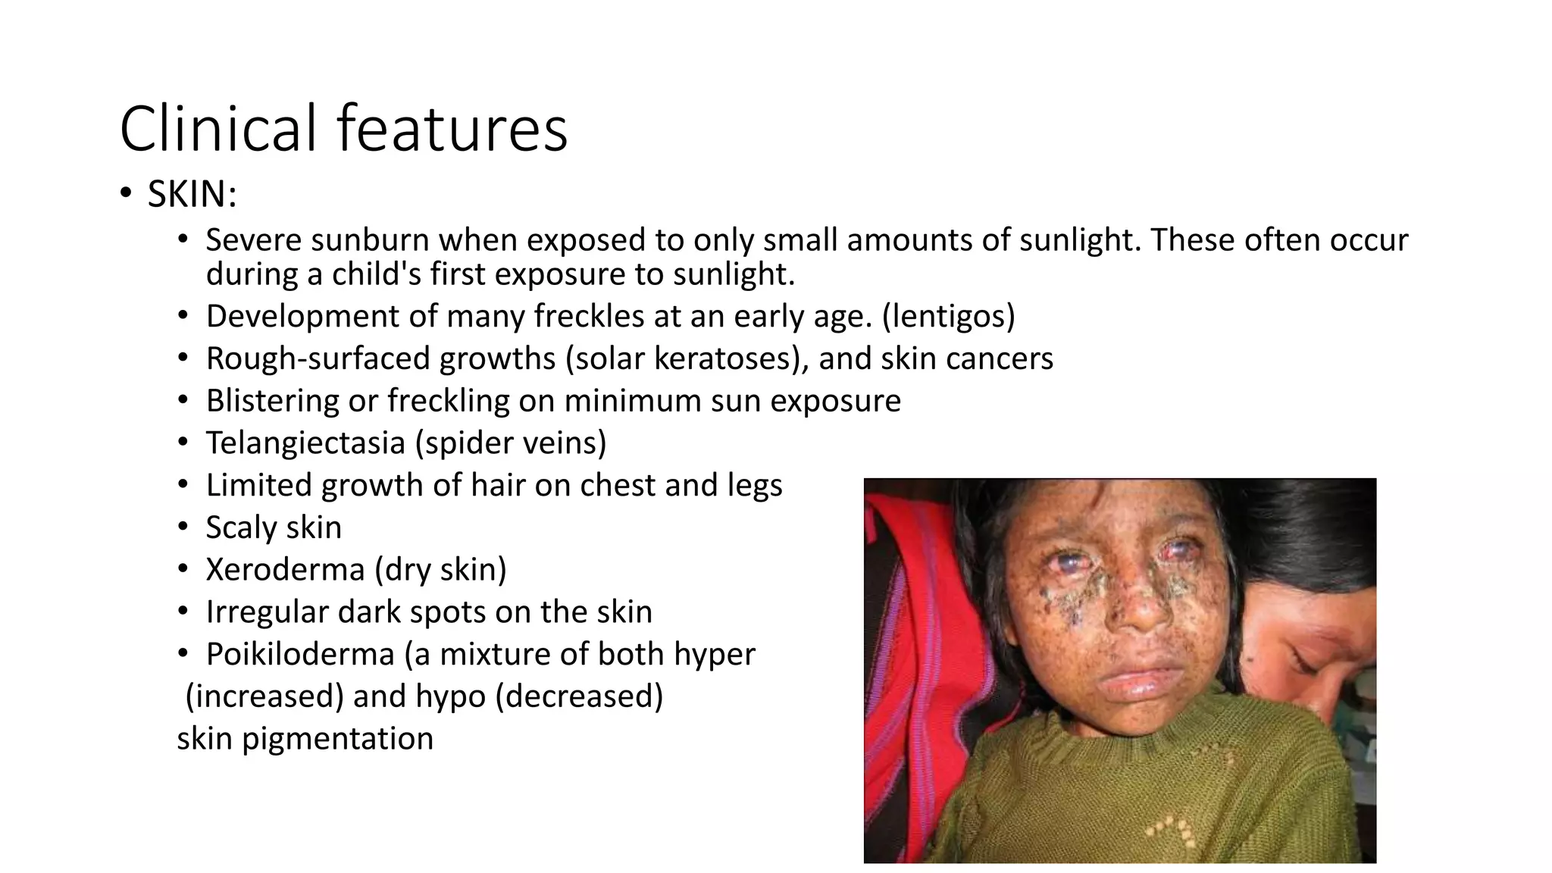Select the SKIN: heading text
point(192,194)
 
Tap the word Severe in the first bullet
point(254,240)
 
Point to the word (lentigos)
point(948,316)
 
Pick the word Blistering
point(272,401)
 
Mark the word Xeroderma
point(285,570)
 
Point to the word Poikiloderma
point(300,655)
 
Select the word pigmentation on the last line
point(337,739)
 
